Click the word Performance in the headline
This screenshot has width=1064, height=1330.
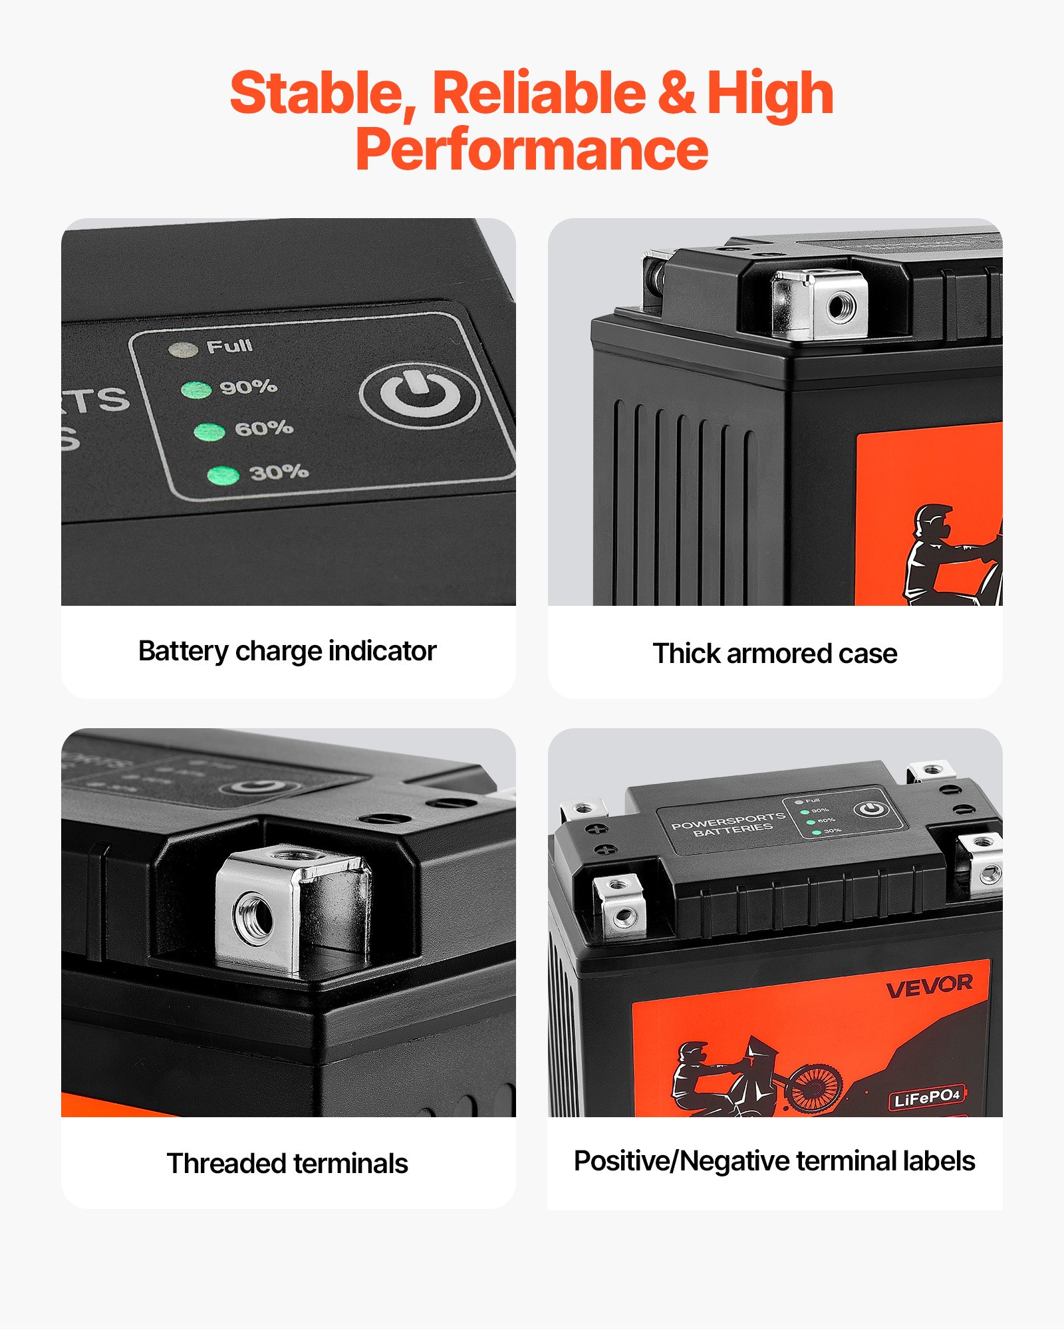pos(532,150)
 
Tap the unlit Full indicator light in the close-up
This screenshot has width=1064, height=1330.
pos(183,350)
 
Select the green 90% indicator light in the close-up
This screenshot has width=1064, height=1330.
pos(196,390)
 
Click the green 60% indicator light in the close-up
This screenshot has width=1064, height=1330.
pos(209,432)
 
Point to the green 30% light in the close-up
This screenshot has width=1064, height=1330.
pos(223,475)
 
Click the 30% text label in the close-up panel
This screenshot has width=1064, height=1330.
pos(279,472)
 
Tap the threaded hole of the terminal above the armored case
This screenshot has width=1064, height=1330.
pos(841,307)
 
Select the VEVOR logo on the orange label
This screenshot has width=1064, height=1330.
pos(929,987)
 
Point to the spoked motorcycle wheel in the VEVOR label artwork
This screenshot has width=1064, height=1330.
pos(815,1087)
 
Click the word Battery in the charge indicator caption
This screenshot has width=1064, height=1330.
pos(183,651)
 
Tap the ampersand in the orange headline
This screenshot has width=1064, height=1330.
pos(676,93)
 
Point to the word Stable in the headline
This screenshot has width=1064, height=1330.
pos(323,93)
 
